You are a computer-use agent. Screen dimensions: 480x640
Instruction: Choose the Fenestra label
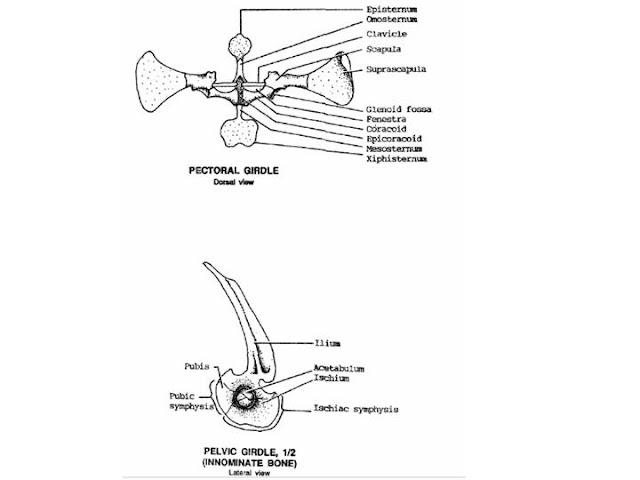(386, 119)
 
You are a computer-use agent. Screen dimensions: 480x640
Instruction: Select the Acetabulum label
(339, 368)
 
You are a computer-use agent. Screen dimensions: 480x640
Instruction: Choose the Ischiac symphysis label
(355, 408)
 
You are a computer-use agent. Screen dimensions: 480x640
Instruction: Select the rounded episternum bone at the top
(242, 45)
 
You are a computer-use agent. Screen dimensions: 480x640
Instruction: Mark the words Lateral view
(241, 475)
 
